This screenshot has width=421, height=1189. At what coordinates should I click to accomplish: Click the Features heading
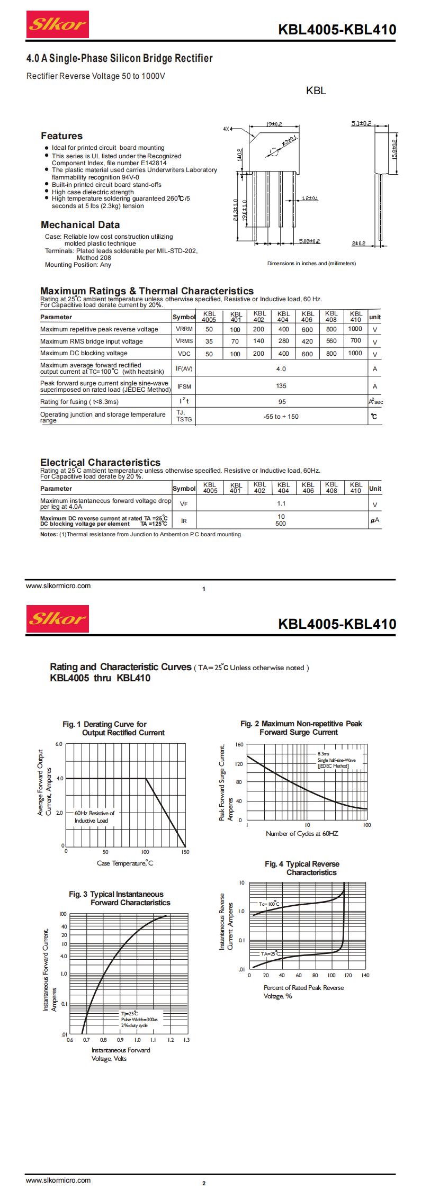pyautogui.click(x=62, y=136)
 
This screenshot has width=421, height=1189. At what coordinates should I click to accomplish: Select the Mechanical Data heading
pyautogui.click(x=80, y=224)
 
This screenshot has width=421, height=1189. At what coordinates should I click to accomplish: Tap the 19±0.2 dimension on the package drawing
pyautogui.click(x=274, y=124)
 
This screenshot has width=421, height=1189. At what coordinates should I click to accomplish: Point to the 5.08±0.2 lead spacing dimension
pyautogui.click(x=309, y=241)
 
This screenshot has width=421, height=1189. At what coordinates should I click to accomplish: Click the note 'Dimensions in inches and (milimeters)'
pyautogui.click(x=311, y=263)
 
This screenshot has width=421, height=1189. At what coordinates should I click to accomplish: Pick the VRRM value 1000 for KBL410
pyautogui.click(x=355, y=329)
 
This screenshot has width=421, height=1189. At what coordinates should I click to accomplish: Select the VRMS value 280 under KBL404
pyautogui.click(x=283, y=341)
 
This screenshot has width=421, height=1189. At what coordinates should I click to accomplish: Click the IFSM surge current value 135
pyautogui.click(x=281, y=386)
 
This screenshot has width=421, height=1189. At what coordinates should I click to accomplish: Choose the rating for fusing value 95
pyautogui.click(x=281, y=402)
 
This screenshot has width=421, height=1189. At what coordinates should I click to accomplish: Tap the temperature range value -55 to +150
pyautogui.click(x=281, y=417)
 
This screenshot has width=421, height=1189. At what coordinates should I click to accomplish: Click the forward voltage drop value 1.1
pyautogui.click(x=281, y=503)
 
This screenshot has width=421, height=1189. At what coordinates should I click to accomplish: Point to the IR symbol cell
pyautogui.click(x=184, y=521)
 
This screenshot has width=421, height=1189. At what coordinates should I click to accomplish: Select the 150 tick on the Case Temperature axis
pyautogui.click(x=185, y=852)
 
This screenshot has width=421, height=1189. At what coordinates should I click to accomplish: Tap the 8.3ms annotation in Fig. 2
pyautogui.click(x=323, y=753)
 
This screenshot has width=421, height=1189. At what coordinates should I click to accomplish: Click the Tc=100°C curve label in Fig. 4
pyautogui.click(x=268, y=904)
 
